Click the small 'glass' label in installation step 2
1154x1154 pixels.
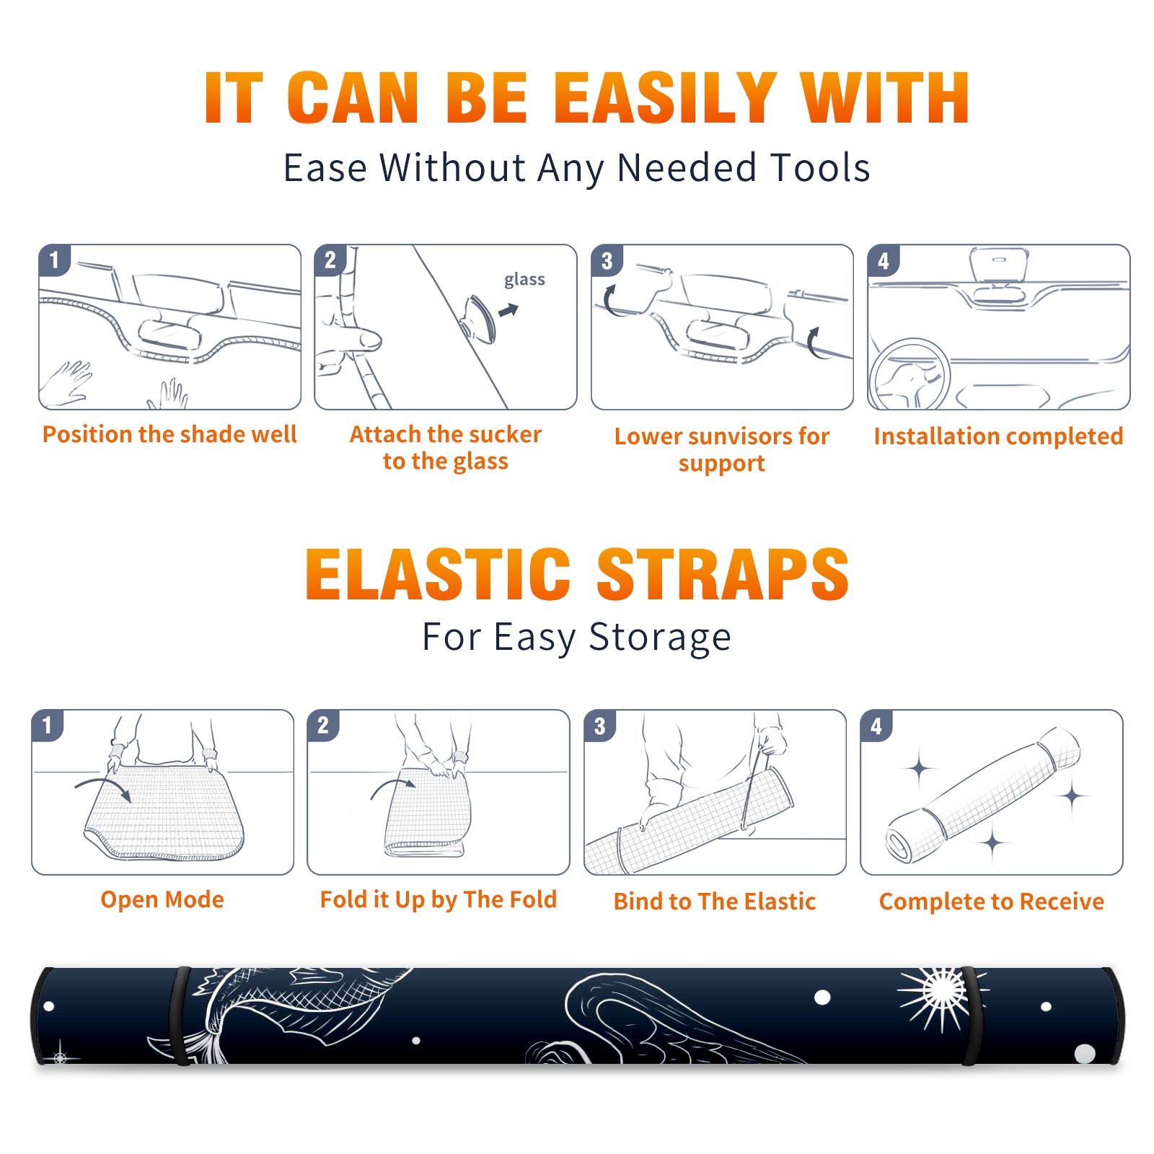(x=524, y=280)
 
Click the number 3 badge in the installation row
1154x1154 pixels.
(x=607, y=260)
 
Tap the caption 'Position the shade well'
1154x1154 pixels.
(x=169, y=434)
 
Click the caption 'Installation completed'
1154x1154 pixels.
(x=998, y=436)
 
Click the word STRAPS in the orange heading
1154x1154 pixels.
(x=723, y=574)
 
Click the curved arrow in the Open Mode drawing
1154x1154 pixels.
(x=103, y=788)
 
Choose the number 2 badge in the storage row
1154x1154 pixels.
(x=322, y=725)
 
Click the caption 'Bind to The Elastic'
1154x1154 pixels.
(x=714, y=901)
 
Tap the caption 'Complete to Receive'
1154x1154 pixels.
(x=991, y=902)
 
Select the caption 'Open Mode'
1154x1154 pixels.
(x=162, y=899)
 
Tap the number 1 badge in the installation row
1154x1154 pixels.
(x=54, y=260)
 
